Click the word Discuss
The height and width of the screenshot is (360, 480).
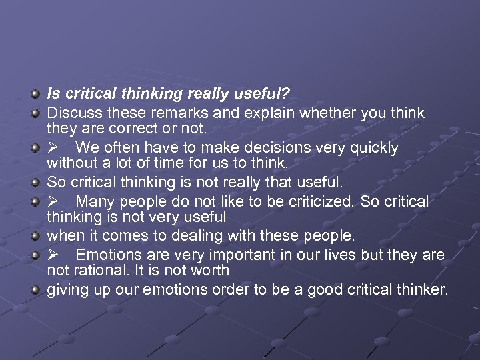pyautogui.click(x=71, y=113)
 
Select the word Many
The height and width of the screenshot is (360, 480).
pyautogui.click(x=96, y=202)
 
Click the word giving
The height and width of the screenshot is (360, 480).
pyautogui.click(x=66, y=291)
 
